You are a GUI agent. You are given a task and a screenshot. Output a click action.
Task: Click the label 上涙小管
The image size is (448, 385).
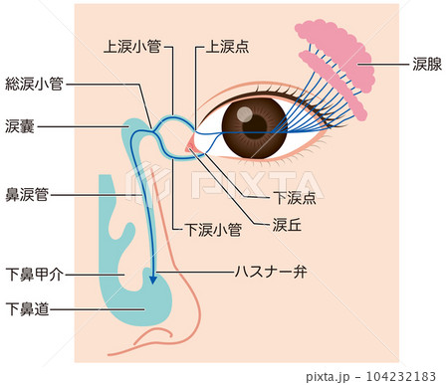[x=132, y=47]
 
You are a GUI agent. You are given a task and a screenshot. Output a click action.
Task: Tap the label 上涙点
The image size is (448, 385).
[x=227, y=47]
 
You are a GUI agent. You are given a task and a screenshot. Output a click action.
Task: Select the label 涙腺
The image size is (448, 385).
[x=427, y=64]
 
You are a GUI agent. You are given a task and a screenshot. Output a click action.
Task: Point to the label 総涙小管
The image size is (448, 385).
[x=34, y=84]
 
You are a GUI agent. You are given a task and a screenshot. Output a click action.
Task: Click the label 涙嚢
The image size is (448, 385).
[x=20, y=126]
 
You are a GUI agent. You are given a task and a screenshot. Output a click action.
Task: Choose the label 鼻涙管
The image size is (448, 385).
[x=27, y=195]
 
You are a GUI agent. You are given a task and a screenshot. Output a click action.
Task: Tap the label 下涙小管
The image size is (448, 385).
[x=213, y=230]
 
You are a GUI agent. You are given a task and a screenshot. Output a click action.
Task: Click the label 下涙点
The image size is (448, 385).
[x=295, y=197]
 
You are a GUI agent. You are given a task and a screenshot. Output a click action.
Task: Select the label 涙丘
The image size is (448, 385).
[x=287, y=225]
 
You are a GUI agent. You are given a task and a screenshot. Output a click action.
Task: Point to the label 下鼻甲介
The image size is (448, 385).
[x=35, y=275]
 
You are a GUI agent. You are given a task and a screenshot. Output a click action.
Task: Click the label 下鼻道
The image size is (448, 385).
[x=28, y=309]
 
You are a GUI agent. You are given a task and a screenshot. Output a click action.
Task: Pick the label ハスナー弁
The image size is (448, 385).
[x=271, y=272]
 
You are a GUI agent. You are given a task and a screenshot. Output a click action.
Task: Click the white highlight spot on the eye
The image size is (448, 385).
[x=245, y=114]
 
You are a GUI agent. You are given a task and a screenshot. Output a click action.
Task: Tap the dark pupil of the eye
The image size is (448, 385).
[x=255, y=126]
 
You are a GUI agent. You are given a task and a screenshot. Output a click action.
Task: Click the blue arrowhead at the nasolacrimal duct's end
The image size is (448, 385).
[x=152, y=280]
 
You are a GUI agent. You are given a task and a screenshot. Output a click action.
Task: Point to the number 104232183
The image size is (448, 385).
[x=400, y=377]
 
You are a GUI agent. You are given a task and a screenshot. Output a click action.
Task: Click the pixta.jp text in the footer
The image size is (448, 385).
[x=328, y=377]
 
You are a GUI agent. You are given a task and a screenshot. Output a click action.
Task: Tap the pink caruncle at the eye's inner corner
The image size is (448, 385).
[x=191, y=147]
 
